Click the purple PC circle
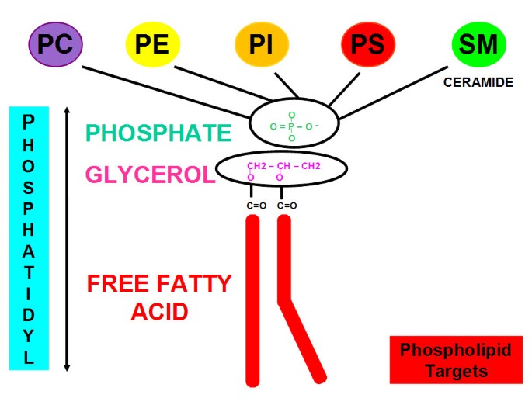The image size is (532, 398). pyautogui.click(x=57, y=44)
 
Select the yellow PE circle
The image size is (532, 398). pyautogui.click(x=152, y=44)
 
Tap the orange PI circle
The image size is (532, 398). pyautogui.click(x=261, y=44)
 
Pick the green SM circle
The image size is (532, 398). pyautogui.click(x=478, y=44)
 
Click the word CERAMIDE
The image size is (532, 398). pyautogui.click(x=478, y=81)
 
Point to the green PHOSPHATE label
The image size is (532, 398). pyautogui.click(x=158, y=133)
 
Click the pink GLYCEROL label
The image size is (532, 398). pyautogui.click(x=149, y=175)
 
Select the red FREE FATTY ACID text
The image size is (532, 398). pyautogui.click(x=158, y=296)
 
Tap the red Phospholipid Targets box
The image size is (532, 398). pyautogui.click(x=455, y=360)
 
